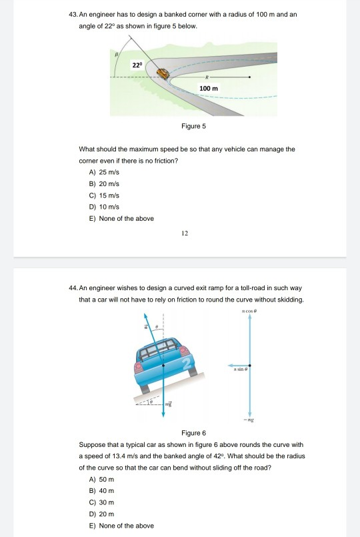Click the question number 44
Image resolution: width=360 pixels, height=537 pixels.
coord(73,288)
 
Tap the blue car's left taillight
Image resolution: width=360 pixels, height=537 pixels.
coord(138,367)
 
